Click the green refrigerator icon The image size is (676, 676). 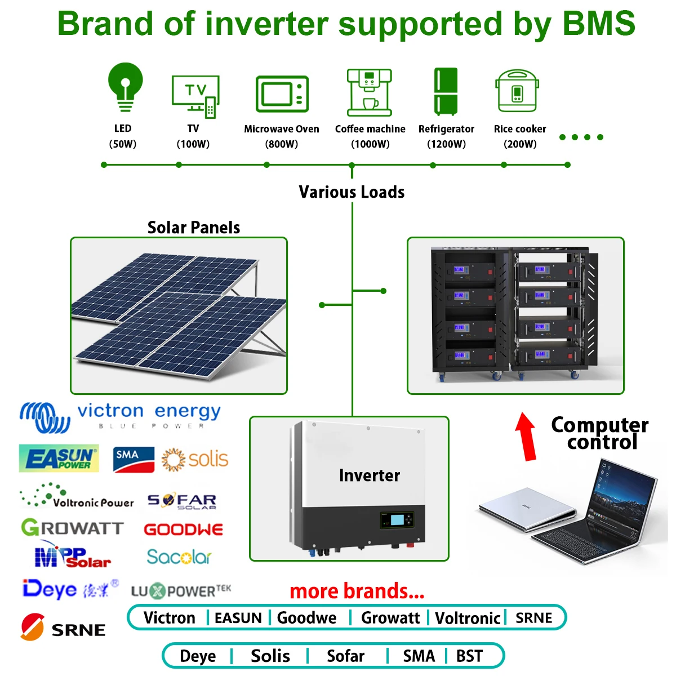(446, 91)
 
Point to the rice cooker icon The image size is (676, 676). (518, 91)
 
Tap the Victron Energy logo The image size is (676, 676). (119, 417)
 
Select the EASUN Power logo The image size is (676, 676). (59, 459)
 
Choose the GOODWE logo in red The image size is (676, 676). (184, 530)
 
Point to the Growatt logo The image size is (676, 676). (72, 528)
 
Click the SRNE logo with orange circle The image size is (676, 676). (63, 628)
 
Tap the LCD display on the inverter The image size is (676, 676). (398, 519)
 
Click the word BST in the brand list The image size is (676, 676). (469, 656)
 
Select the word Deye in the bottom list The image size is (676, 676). (198, 656)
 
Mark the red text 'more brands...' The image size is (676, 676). (357, 591)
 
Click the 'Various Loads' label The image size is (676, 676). (352, 192)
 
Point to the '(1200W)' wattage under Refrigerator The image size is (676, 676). (446, 144)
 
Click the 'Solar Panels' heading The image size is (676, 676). (193, 228)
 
